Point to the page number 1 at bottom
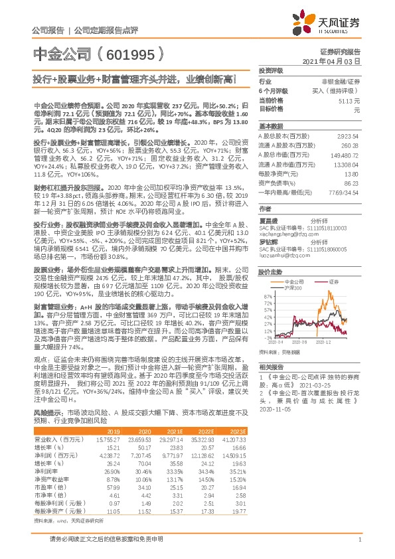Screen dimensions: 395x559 tap(358, 540)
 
